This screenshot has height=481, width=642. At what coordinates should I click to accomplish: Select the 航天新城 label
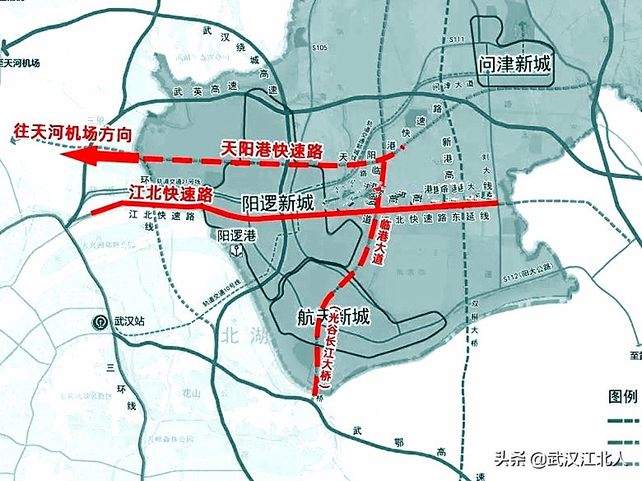[333, 316]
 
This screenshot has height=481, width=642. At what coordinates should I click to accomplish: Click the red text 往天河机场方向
[72, 130]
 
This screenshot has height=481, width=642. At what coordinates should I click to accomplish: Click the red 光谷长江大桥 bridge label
[331, 349]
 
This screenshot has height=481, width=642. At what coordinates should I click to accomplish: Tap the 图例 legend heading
[623, 396]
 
